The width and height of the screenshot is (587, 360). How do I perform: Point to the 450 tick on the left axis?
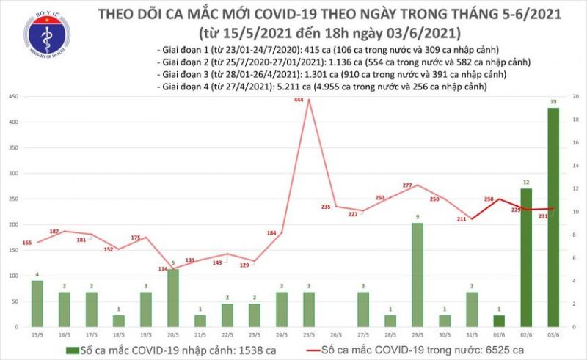(x=14, y=97)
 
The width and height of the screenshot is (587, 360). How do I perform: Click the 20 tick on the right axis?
(x=576, y=97)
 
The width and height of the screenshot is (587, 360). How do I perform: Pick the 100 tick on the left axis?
(x=14, y=276)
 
